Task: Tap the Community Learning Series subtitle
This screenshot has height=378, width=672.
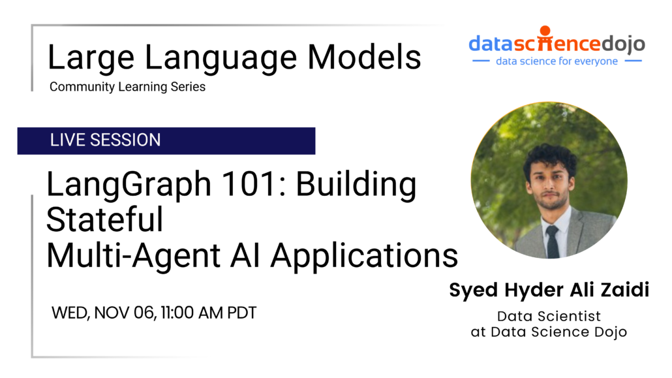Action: tap(127, 86)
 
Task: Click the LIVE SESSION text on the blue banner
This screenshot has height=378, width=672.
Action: tap(105, 140)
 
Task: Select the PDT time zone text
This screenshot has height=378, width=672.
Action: tap(241, 313)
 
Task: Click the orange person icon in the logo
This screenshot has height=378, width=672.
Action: tap(545, 32)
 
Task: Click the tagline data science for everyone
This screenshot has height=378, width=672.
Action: tap(557, 61)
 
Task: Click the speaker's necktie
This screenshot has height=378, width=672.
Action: tap(553, 241)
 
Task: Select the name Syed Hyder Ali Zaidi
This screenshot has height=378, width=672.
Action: tap(549, 291)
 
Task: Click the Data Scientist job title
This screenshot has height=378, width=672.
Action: tap(549, 317)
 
